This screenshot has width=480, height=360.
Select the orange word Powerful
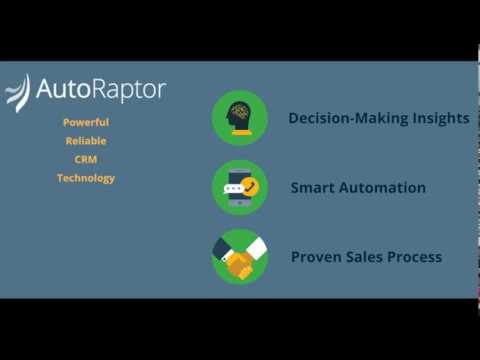[86, 122]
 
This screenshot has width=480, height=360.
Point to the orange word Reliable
[86, 141]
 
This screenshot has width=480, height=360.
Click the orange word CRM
[86, 159]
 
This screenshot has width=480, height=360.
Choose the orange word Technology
[86, 178]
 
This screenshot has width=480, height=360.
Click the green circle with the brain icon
[239, 118]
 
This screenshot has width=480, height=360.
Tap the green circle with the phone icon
[239, 187]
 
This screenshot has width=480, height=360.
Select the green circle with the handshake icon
[239, 257]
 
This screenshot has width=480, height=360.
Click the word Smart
[312, 188]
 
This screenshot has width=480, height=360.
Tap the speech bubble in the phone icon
[233, 187]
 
